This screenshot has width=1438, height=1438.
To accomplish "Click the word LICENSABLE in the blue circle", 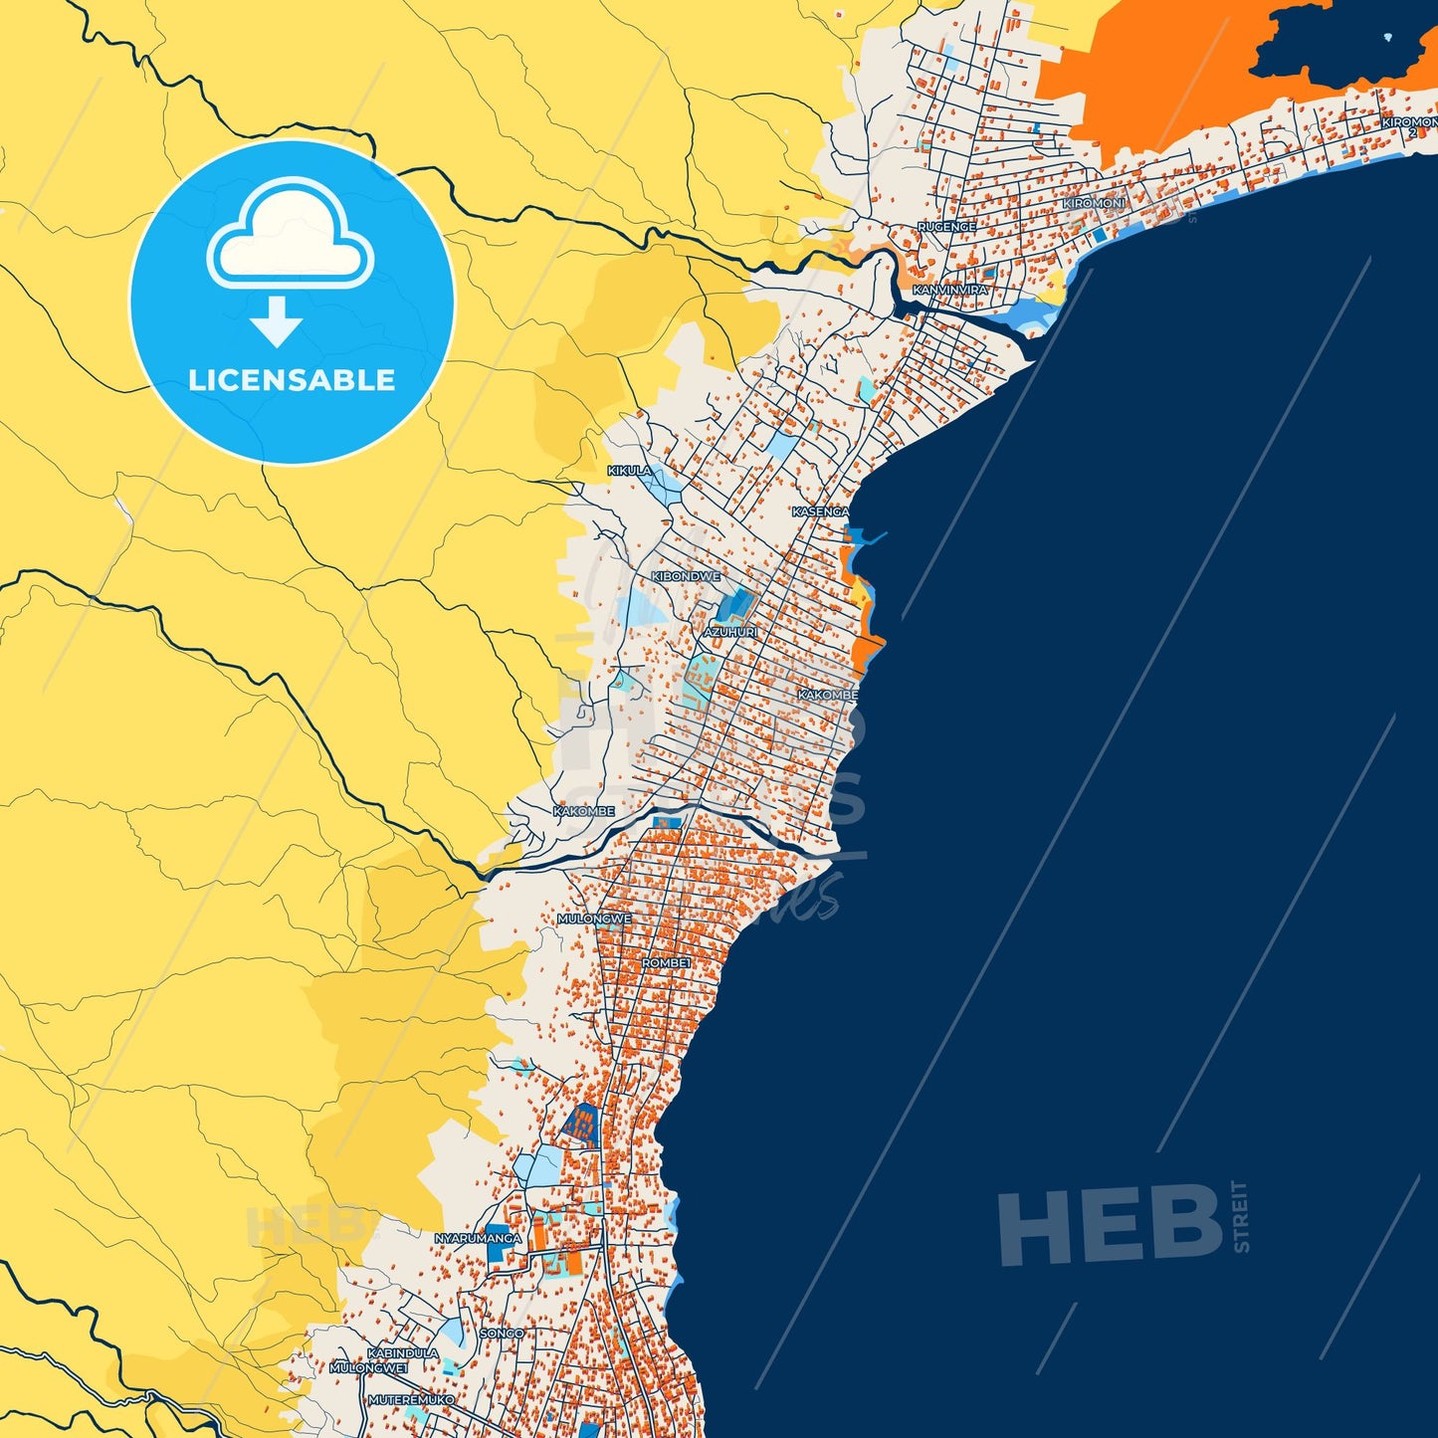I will coord(292,380).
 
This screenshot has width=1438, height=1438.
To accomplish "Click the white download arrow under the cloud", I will coord(277,321).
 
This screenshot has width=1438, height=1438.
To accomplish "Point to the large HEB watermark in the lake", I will coord(1111,1225).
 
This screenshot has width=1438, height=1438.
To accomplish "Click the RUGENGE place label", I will coord(946,227).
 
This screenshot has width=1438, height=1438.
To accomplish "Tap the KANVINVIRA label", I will coord(950,290).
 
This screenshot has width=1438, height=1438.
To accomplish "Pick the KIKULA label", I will coord(629,471).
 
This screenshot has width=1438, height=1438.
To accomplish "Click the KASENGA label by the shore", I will coord(821,512).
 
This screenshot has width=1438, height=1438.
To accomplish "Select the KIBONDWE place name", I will coord(686,576).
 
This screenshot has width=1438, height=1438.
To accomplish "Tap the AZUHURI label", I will coord(730,632).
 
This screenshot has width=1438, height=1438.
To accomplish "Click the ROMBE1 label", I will coord(666,963).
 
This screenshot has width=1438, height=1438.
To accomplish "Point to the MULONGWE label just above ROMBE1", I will coord(594,919).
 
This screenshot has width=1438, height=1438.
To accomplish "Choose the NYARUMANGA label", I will coord(478,1238).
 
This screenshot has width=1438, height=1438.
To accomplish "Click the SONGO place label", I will coord(502,1333).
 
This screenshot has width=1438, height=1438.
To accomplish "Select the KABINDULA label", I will coord(403,1353).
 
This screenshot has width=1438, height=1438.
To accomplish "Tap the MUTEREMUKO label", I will coord(411,1399).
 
